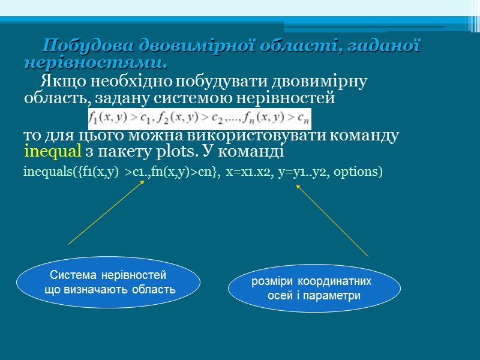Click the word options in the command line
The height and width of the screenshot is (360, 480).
pos(358,172)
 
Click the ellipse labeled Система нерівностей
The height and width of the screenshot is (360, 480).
pos(108,283)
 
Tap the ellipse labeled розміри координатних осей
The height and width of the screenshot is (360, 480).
pos(314,288)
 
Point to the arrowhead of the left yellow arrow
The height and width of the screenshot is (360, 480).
pos(144,181)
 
